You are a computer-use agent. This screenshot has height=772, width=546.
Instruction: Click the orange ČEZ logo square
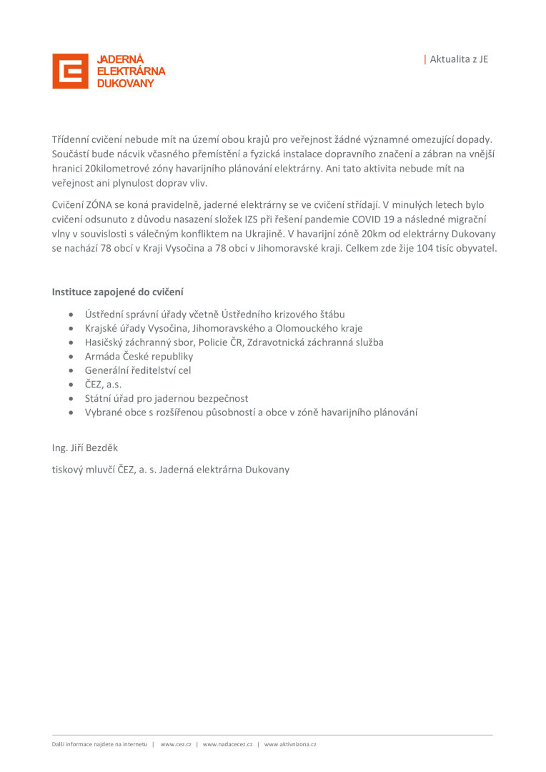pos(70,71)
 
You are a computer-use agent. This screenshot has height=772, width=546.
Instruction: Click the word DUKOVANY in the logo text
pos(125,84)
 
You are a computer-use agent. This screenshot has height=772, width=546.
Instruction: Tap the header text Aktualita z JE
pos(459,59)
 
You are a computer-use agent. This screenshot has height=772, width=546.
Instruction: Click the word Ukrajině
pos(261,234)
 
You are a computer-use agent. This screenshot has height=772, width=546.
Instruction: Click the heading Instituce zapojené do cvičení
pos(117,292)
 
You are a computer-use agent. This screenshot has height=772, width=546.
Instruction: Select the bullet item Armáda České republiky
pos(139,356)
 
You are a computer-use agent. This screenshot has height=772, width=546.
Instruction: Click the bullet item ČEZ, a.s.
pos(103,384)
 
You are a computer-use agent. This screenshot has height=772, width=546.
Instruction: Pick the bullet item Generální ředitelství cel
pos(138,370)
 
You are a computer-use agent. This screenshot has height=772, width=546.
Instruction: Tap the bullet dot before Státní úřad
pos(70,399)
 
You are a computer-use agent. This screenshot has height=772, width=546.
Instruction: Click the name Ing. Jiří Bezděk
pos(85,448)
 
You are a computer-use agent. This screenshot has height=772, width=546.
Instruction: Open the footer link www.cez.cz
pos(176,744)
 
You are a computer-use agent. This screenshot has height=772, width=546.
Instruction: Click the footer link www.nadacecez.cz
pos(227,744)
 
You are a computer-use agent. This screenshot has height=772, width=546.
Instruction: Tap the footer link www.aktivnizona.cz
pos(290,744)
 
